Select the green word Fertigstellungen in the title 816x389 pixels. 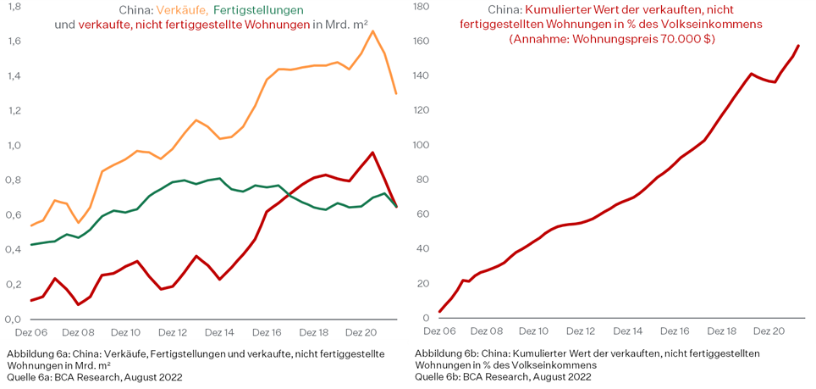click(258, 9)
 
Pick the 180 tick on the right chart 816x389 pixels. click(420, 6)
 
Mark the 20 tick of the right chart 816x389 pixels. click(424, 284)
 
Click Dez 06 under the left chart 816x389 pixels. click(30, 333)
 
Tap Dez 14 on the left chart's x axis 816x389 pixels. click(220, 333)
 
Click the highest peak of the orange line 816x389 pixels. click(373, 31)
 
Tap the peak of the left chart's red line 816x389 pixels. click(372, 153)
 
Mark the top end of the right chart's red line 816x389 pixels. click(798, 46)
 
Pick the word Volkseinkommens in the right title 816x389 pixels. click(717, 25)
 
